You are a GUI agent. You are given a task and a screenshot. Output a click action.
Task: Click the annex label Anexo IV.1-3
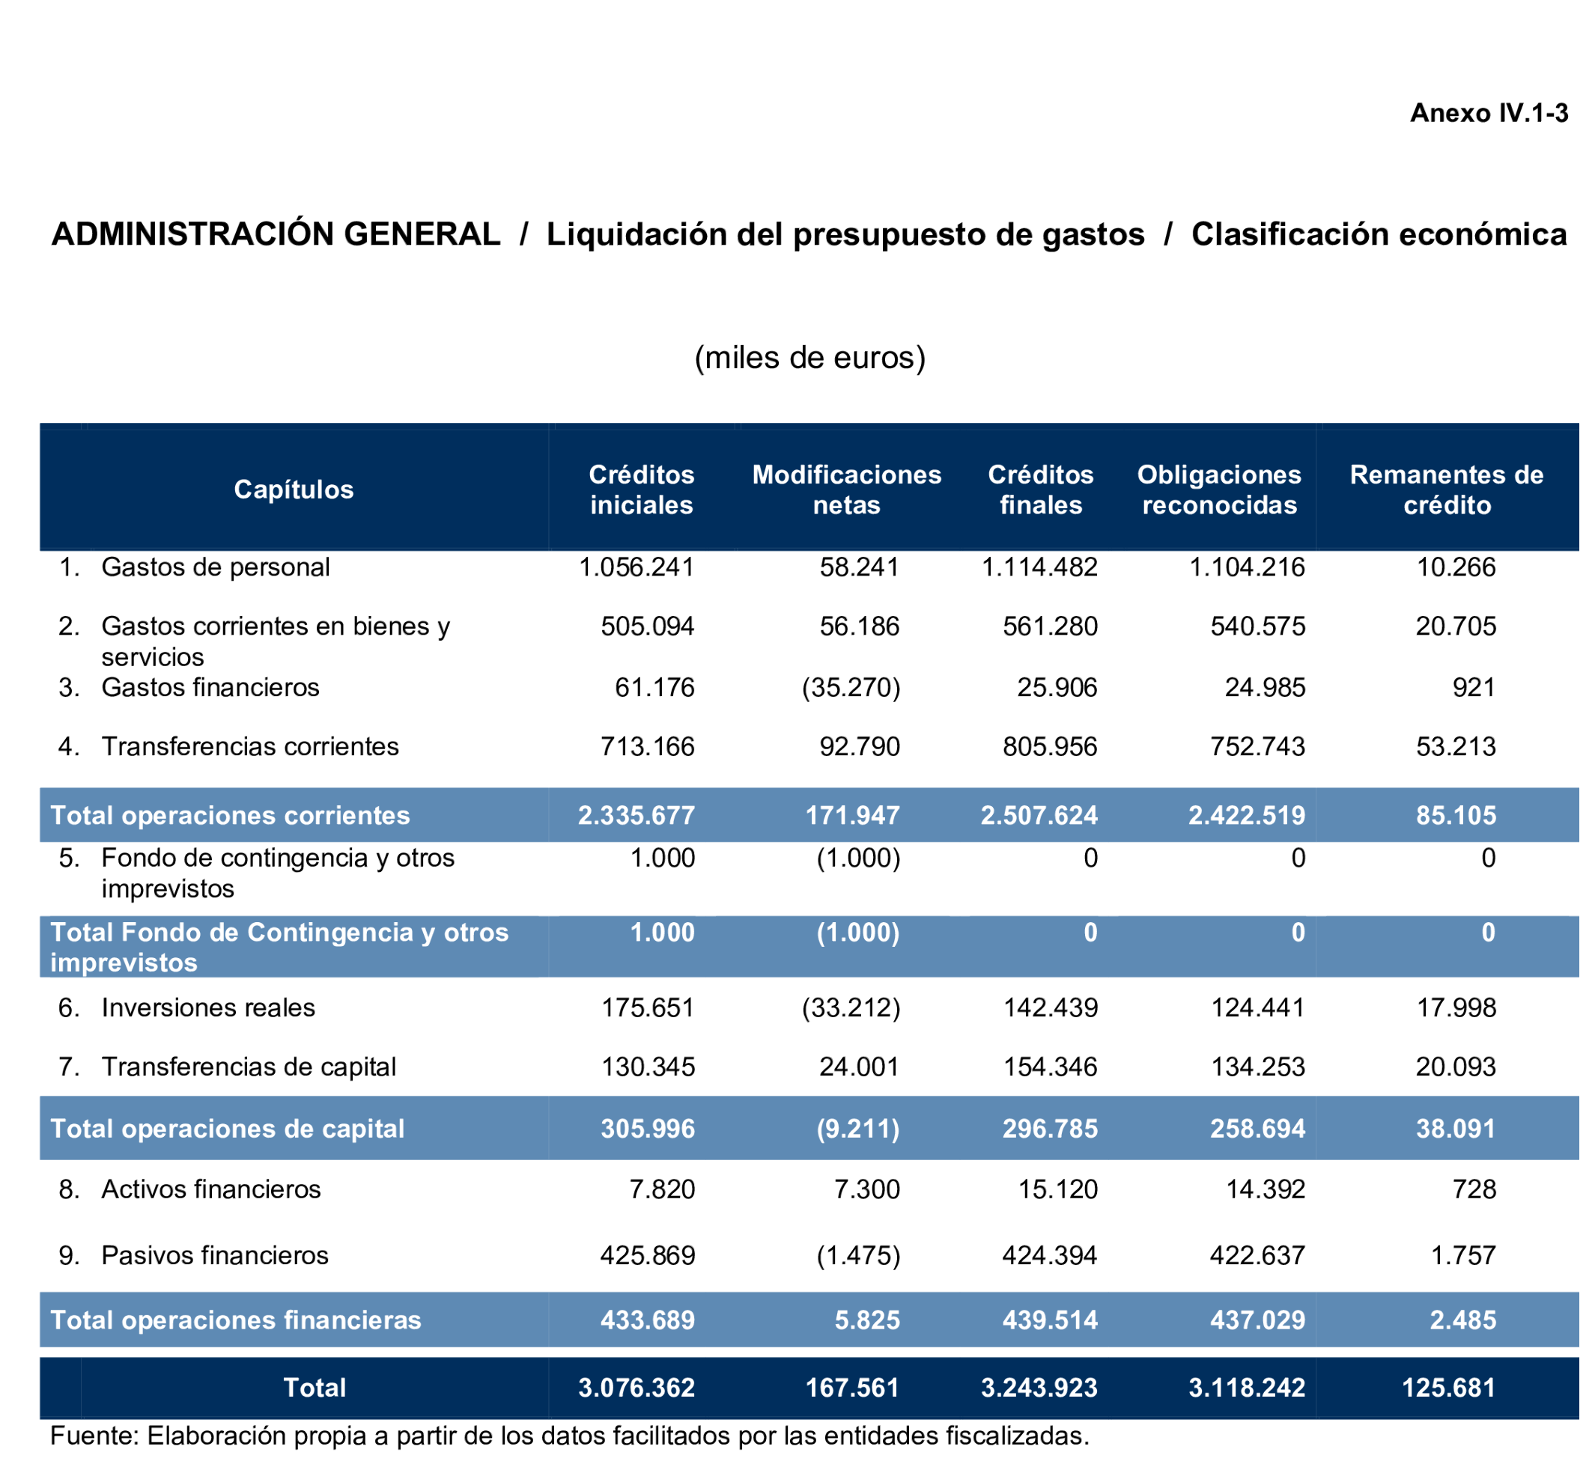click(1489, 114)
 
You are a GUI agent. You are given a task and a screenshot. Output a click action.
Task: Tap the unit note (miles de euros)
click(810, 357)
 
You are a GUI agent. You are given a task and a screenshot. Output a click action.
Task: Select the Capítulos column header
click(294, 489)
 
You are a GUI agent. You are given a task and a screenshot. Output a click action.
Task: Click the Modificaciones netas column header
click(846, 489)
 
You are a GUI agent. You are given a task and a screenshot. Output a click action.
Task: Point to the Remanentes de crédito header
click(1447, 489)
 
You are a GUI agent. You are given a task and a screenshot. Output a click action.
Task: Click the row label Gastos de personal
click(215, 567)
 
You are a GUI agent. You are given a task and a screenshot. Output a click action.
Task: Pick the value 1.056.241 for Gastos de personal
click(637, 567)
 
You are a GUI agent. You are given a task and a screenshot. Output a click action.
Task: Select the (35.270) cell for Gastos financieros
click(851, 687)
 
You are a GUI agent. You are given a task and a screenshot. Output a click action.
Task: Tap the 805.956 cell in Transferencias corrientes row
click(1050, 747)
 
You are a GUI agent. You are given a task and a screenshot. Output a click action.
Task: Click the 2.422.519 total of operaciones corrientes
click(1247, 816)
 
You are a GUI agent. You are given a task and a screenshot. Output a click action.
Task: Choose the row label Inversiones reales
click(208, 1008)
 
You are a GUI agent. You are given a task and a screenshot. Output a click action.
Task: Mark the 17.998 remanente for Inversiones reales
click(1456, 1008)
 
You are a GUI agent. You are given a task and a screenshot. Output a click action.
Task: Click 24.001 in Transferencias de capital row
click(860, 1067)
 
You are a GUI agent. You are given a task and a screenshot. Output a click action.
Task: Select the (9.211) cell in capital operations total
click(858, 1129)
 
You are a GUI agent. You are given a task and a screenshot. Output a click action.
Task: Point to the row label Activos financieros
click(211, 1190)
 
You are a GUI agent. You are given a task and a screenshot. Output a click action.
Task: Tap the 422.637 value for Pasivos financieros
click(1258, 1256)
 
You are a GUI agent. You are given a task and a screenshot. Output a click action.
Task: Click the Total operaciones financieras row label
click(236, 1320)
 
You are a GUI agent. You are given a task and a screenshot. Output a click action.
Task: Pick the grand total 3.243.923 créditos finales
click(1039, 1388)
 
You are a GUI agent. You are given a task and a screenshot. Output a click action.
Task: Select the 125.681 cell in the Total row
click(1449, 1388)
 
